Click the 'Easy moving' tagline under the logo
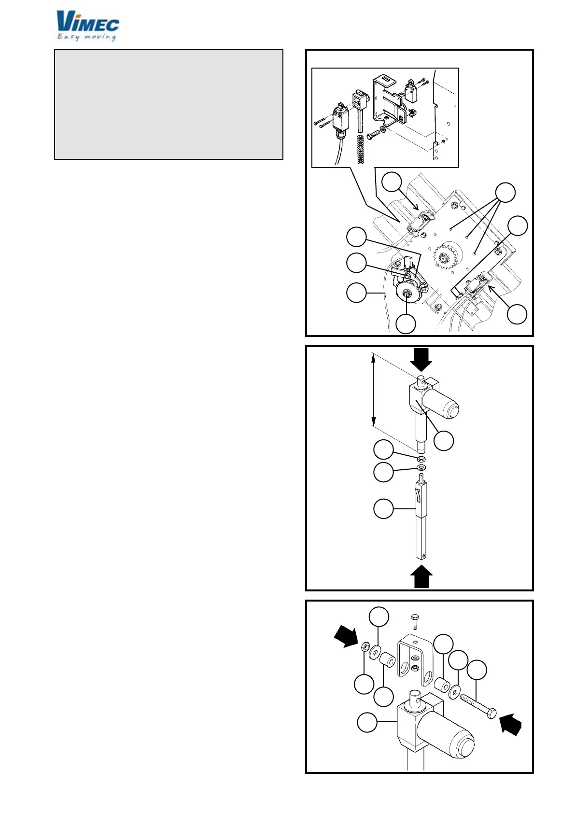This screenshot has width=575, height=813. click(87, 37)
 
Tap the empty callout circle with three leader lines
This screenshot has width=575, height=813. click(505, 193)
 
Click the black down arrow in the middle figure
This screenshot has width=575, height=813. click(421, 360)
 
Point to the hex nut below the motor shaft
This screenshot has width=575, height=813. click(421, 458)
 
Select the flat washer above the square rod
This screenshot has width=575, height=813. click(421, 468)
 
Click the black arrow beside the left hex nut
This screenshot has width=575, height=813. click(347, 636)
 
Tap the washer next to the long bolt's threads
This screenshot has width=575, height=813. click(454, 692)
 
